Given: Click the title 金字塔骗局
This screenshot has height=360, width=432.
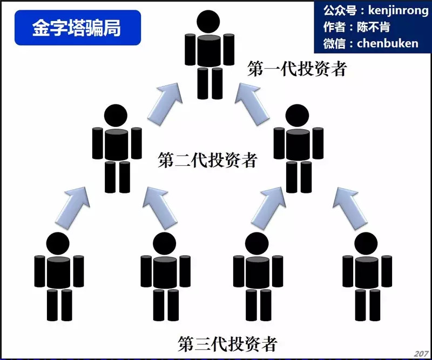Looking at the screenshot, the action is (77, 28).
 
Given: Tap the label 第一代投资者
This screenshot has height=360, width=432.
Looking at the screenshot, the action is (296, 69).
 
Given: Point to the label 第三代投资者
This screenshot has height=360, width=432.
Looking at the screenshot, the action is (227, 343).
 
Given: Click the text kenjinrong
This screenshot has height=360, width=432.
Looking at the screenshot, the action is (390, 10).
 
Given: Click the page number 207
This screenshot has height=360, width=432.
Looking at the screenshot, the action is (421, 354).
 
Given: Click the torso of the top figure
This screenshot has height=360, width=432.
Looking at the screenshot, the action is (210, 52).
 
